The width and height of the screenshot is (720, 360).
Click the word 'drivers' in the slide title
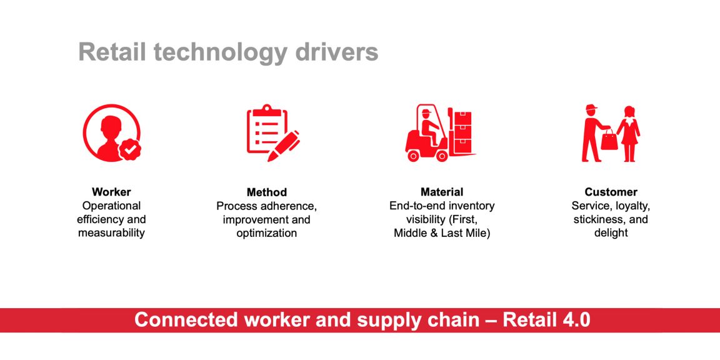point(334,52)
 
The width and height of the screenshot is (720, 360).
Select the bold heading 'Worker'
point(111,192)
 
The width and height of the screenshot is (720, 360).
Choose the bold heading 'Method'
point(266,192)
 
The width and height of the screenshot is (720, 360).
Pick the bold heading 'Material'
point(442,192)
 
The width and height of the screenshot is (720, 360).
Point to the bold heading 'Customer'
point(611,192)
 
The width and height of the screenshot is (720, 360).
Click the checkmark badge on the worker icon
point(131,149)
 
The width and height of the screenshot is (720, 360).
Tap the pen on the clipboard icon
point(283,146)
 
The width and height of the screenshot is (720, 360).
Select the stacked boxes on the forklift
point(462,131)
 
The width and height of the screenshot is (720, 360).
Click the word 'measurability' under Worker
point(111,233)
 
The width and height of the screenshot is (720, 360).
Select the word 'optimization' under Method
point(266,233)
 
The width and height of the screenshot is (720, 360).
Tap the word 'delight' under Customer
point(611,233)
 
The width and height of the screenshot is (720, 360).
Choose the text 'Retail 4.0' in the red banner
point(546,320)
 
